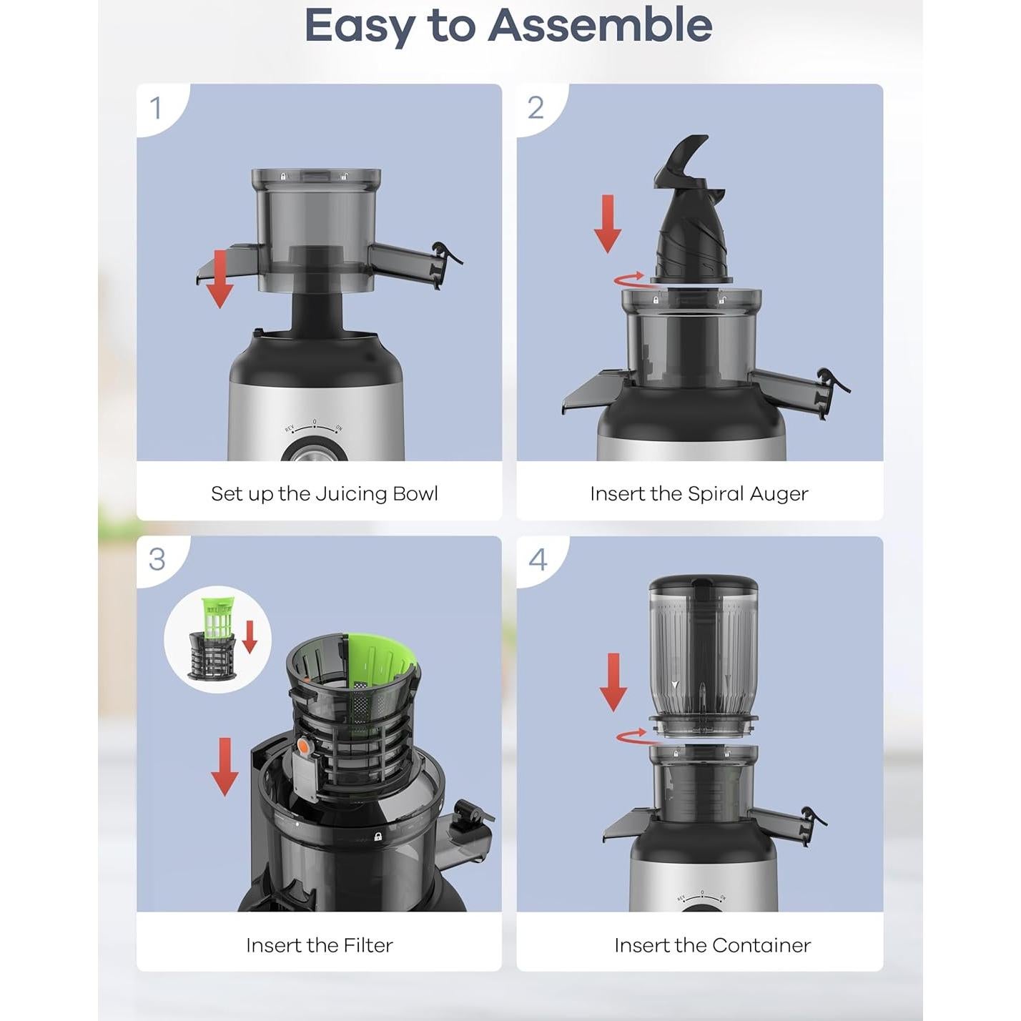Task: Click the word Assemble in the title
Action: point(600,26)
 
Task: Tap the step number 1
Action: point(155,108)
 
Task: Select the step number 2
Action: point(535,108)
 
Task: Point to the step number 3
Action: point(157,560)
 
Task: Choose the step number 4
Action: point(537,560)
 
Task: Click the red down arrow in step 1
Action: point(220,280)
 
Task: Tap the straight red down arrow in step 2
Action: point(607,224)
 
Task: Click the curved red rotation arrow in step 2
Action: point(629,279)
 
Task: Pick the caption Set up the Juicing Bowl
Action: point(325,494)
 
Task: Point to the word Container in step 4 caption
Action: point(761,945)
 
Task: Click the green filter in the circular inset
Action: point(217,617)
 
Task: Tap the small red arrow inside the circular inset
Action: point(250,637)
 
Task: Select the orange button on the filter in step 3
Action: point(304,746)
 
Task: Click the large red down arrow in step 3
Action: point(225,766)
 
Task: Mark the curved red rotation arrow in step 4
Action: point(632,736)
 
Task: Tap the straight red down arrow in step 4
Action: point(613,682)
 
